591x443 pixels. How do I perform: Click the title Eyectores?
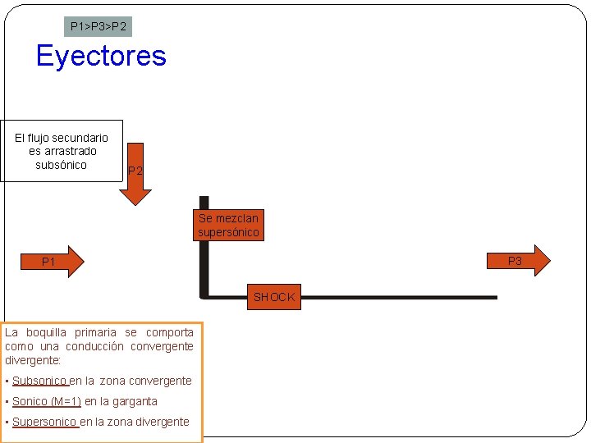click(101, 56)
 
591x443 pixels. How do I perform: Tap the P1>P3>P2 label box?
click(98, 27)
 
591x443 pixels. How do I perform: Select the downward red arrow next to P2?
click(135, 184)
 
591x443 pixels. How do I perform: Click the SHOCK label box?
click(274, 297)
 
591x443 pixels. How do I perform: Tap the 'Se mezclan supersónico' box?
click(228, 226)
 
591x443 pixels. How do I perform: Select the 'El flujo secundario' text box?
click(62, 151)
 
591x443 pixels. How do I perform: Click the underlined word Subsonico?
click(39, 381)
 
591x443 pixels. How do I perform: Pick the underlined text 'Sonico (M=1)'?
click(47, 401)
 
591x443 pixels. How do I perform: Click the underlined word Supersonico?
click(45, 422)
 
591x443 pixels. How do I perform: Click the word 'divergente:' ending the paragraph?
click(34, 360)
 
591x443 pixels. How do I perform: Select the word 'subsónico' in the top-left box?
click(62, 165)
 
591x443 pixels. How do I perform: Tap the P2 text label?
click(135, 171)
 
